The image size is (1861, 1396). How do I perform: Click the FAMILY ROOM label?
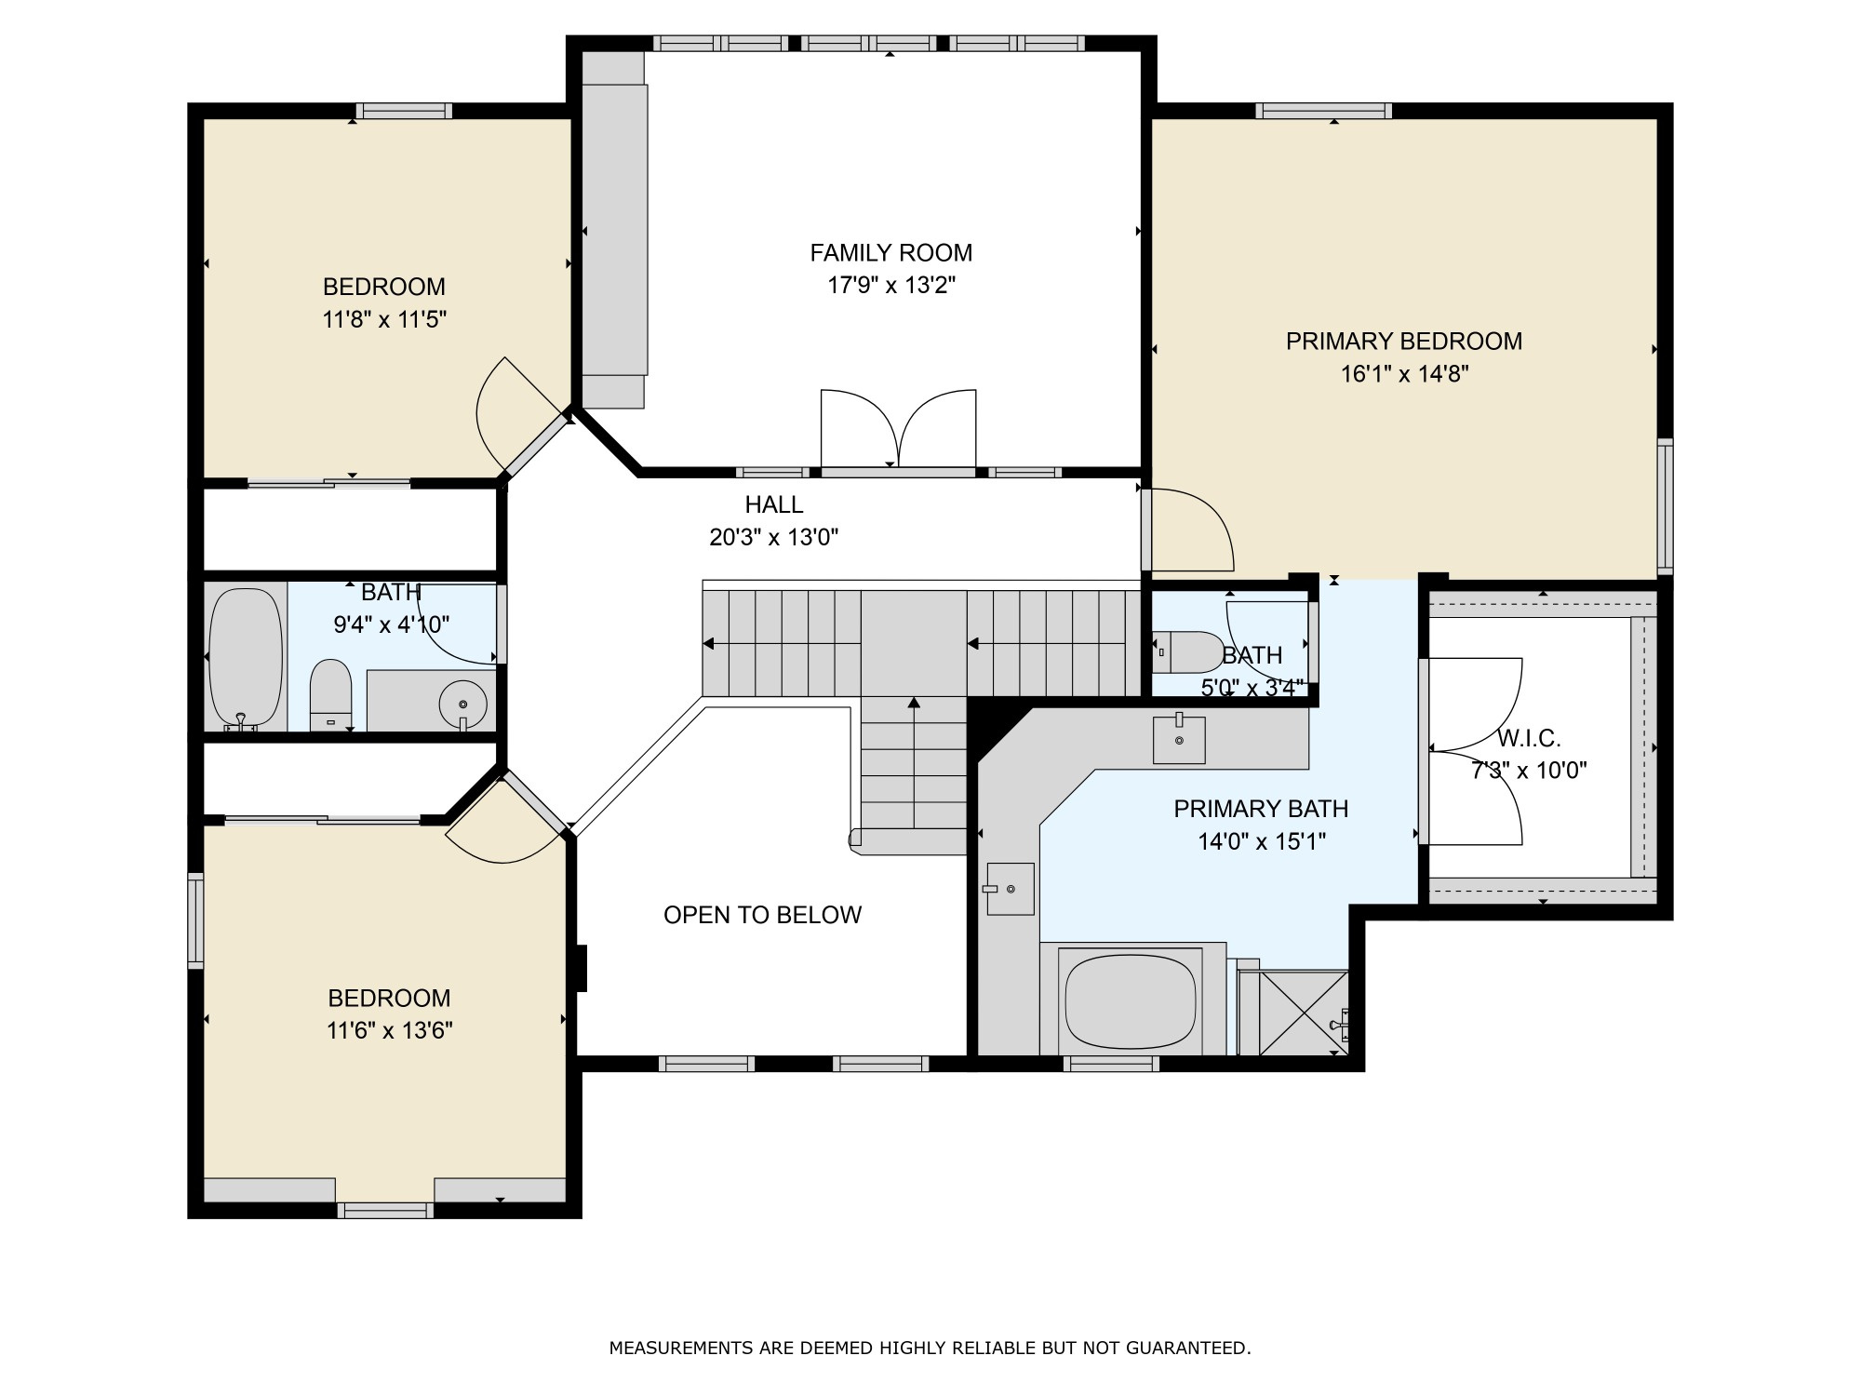point(890,252)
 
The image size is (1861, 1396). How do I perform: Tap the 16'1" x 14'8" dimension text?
point(1404,374)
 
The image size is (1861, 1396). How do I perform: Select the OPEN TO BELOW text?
point(762,915)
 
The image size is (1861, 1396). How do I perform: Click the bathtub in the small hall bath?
point(245,657)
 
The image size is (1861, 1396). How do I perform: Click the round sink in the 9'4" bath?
point(462,700)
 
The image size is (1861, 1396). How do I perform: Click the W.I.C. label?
point(1529,739)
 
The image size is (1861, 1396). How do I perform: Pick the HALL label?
point(773,504)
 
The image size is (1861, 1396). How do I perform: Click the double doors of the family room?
point(898,428)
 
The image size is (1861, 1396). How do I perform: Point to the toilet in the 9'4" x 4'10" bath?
point(330,694)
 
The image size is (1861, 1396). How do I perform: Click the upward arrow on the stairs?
point(914,705)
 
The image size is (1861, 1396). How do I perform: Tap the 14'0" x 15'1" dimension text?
point(1261,842)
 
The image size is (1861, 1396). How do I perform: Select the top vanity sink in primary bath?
point(1179,740)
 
